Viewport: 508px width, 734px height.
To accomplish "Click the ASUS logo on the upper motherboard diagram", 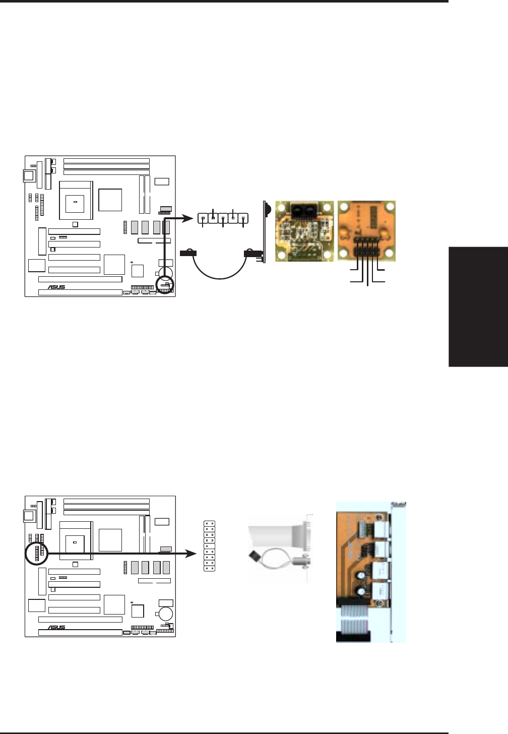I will click(x=56, y=287).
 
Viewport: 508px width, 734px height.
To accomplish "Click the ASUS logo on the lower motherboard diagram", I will click(x=56, y=628).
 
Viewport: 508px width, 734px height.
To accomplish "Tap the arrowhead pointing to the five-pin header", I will click(x=189, y=218).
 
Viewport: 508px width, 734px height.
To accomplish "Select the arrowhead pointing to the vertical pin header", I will click(x=192, y=554).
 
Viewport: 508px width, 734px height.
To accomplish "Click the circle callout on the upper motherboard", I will click(x=164, y=285).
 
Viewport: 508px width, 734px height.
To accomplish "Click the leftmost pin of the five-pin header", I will click(x=203, y=218).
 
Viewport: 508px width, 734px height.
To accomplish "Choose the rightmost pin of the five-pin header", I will click(x=243, y=218).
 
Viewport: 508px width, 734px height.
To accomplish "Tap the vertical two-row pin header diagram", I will click(x=209, y=546).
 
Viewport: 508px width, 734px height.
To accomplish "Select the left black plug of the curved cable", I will click(x=188, y=254).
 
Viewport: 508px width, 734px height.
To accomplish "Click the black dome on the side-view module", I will click(x=267, y=208).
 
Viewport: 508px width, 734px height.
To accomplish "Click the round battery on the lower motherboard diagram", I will click(x=166, y=614).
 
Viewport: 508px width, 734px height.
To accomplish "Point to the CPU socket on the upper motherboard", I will click(x=76, y=200).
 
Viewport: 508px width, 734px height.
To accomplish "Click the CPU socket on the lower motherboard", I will click(x=76, y=540).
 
